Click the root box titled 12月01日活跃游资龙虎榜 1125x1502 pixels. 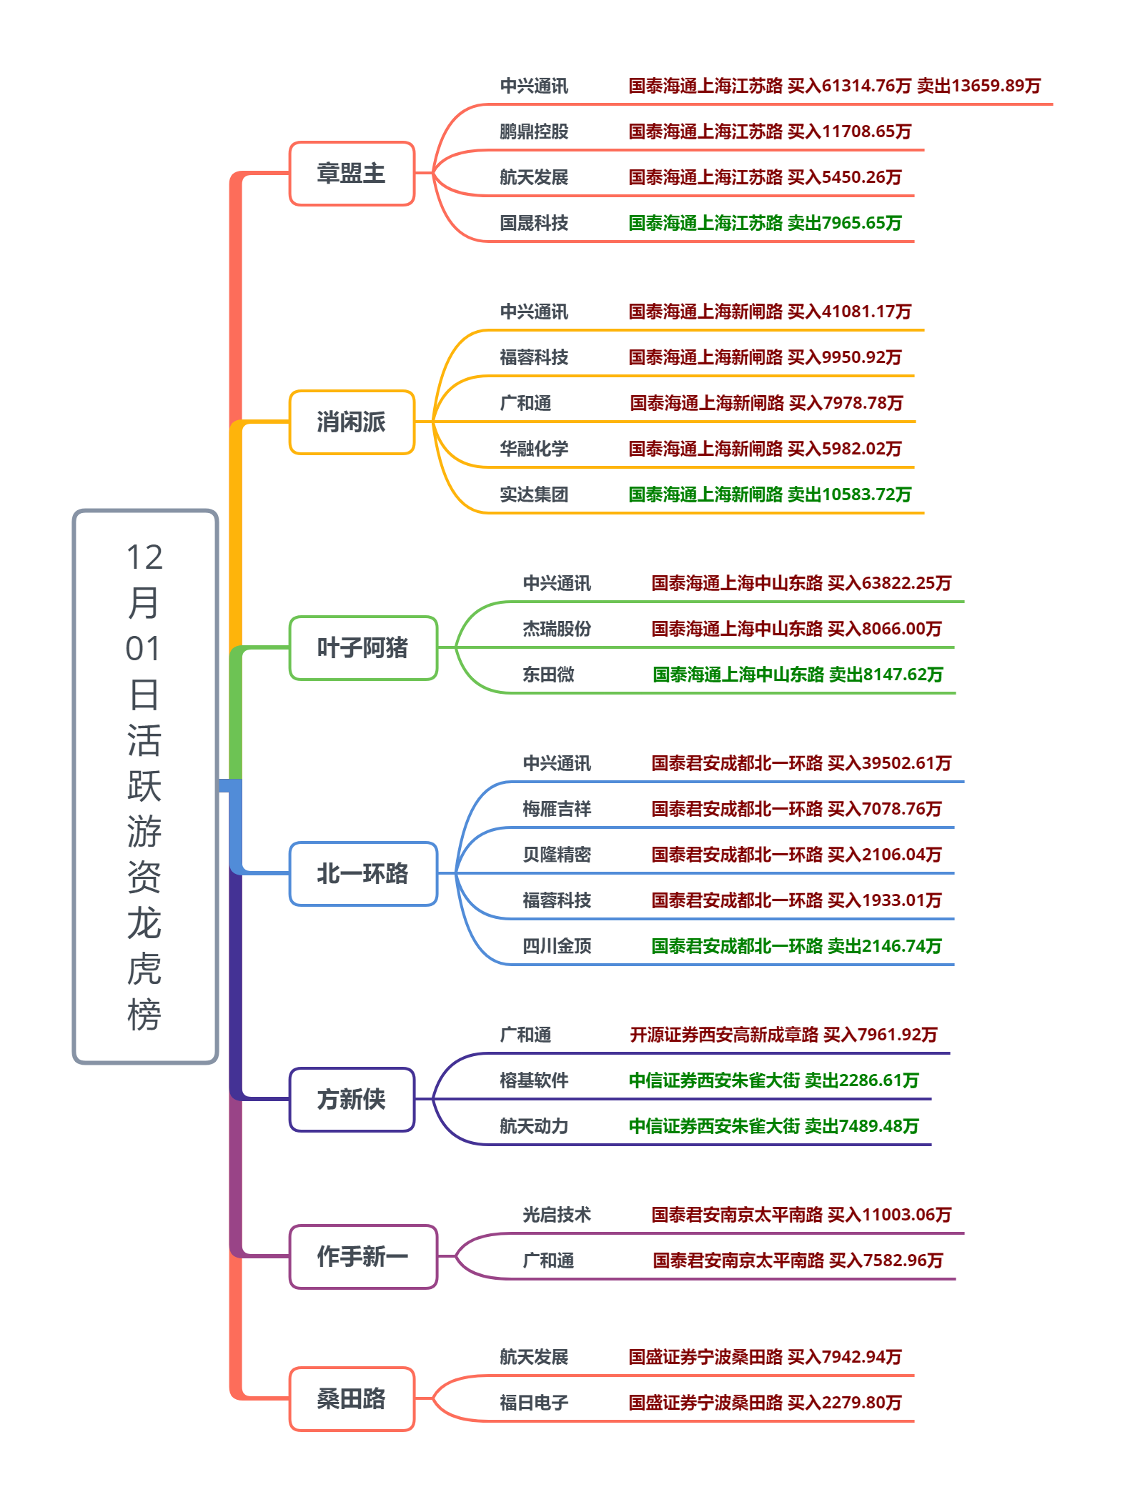[x=145, y=786]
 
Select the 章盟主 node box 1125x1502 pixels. [x=352, y=174]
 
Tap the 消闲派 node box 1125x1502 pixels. [x=352, y=422]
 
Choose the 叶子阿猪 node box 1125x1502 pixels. [x=363, y=648]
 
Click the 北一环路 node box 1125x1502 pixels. [x=363, y=874]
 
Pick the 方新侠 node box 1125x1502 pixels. [x=352, y=1100]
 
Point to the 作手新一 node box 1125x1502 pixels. [x=363, y=1257]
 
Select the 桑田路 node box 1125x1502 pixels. [x=352, y=1399]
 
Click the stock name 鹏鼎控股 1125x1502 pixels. [x=534, y=131]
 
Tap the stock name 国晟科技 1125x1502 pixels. [x=534, y=223]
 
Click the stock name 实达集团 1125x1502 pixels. [x=534, y=494]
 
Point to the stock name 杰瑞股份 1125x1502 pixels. [x=557, y=629]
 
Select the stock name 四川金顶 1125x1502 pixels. [x=557, y=946]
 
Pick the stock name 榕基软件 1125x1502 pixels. [x=534, y=1080]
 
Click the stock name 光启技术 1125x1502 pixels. [x=557, y=1215]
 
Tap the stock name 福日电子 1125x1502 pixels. [x=534, y=1403]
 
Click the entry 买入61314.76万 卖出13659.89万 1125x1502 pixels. [x=913, y=86]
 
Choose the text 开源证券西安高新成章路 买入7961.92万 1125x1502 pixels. [x=783, y=1035]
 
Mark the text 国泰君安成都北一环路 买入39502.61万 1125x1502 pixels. [x=801, y=763]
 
